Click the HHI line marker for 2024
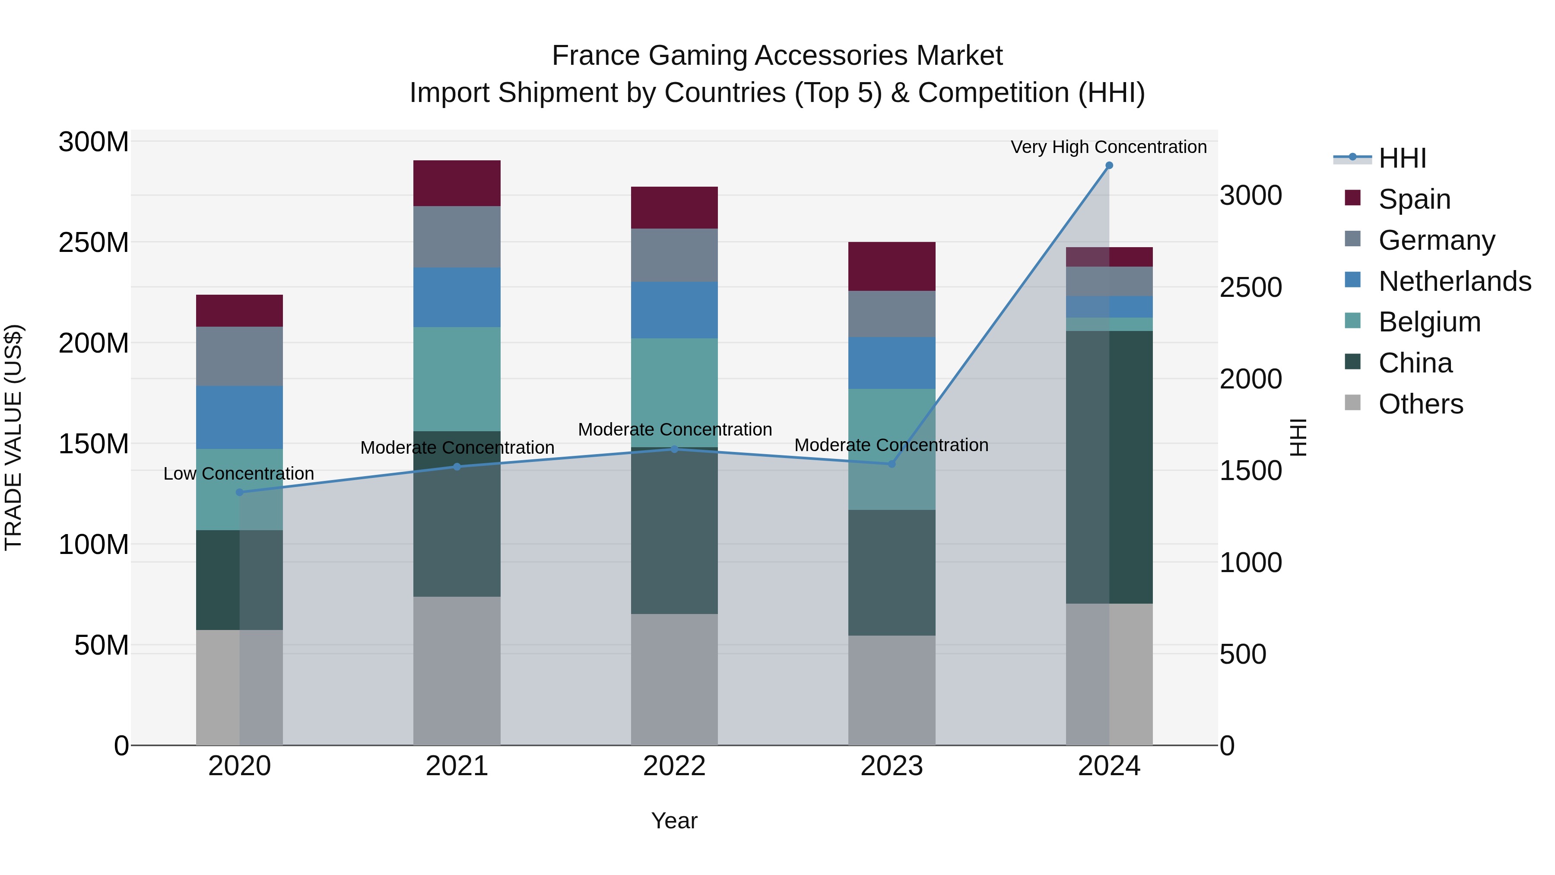coord(1109,165)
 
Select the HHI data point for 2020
coord(240,492)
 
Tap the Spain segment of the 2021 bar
coord(457,184)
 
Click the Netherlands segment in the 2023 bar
coord(892,363)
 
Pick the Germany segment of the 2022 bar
coord(674,255)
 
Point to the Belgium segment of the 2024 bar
coord(1109,324)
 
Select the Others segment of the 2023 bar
coord(892,690)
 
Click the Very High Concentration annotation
coord(1108,147)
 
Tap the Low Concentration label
coord(238,474)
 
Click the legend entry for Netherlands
coord(1455,281)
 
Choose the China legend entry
coord(1415,363)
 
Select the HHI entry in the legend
coord(1402,158)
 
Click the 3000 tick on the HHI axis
coord(1250,196)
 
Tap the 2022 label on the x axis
coord(674,766)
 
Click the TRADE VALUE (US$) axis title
coord(13,437)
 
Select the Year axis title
coord(674,821)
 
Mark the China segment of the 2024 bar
coord(1109,467)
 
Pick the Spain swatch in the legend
coord(1353,198)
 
